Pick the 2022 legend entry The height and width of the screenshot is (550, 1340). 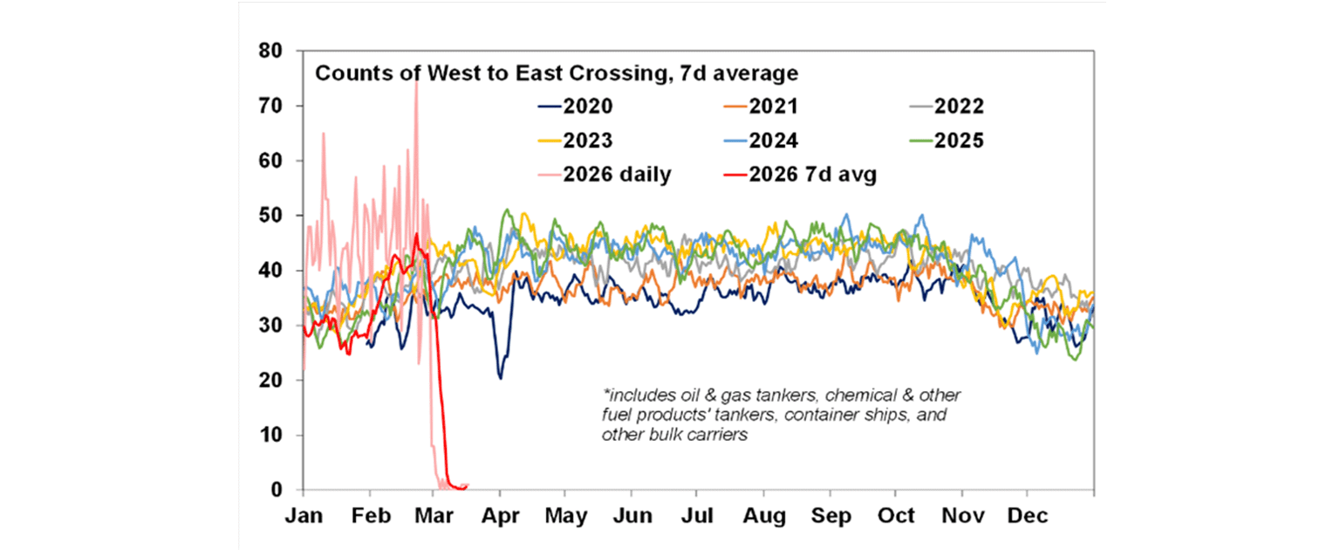pos(959,107)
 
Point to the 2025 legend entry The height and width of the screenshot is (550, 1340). pos(959,141)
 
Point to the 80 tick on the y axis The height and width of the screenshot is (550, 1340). pos(271,51)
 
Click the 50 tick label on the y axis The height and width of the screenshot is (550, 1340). pos(271,216)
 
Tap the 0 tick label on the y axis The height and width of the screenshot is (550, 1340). pos(277,490)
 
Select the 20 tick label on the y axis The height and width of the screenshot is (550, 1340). pos(271,381)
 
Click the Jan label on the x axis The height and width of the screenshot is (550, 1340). pos(304,516)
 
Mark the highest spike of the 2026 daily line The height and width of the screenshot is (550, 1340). pos(415,79)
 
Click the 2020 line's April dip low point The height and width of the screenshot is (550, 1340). pos(501,378)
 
